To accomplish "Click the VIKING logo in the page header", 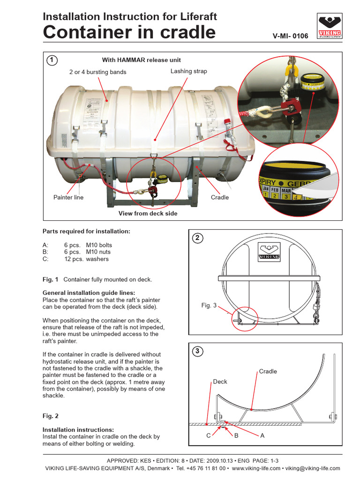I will point(330,26).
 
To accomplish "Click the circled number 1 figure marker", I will point(52,60).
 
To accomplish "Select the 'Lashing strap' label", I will point(188,71).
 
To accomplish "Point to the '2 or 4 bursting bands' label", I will point(97,72).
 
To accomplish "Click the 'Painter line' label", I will point(68,197).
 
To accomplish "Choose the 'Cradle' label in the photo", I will point(220,197).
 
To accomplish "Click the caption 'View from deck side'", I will point(148,213).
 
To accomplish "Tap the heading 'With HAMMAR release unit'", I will point(142,60).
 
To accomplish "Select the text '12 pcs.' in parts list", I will point(74,259).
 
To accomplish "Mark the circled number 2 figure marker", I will point(197,238).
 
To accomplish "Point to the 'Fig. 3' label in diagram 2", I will point(209,305).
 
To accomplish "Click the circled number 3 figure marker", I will point(197,351).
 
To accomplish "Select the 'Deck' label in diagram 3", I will point(220,382).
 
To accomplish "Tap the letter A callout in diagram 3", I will point(262,435).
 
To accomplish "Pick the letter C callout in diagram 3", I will point(209,435).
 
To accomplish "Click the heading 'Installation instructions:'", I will point(78,429).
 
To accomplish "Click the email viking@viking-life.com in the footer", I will point(313,468).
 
